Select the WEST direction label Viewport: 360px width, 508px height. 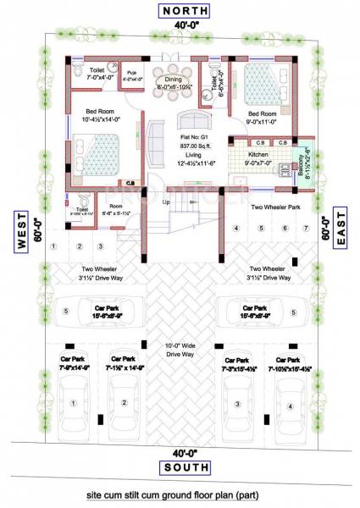point(22,236)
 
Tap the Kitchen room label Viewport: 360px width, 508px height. point(258,156)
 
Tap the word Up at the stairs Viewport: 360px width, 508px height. point(166,203)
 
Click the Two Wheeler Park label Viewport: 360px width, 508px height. point(271,206)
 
